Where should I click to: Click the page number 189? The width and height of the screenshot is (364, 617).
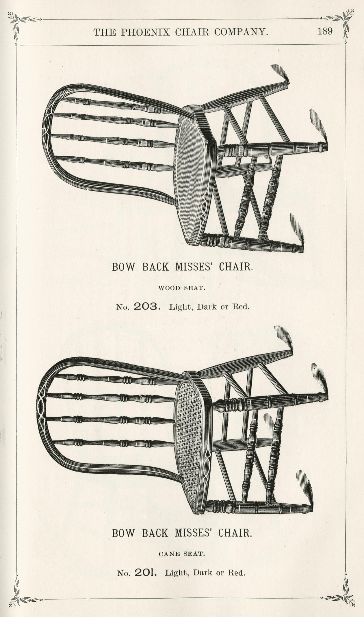(x=325, y=31)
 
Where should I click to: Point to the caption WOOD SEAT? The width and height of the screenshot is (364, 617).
(x=182, y=288)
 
